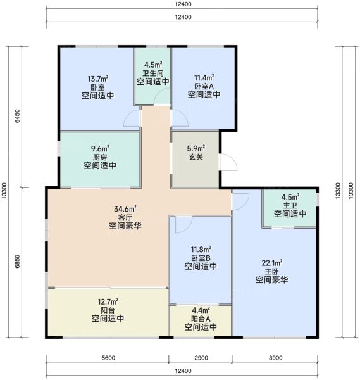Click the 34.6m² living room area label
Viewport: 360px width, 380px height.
(x=125, y=208)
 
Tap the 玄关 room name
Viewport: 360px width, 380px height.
(x=196, y=157)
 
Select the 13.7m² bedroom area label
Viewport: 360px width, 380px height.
(x=97, y=79)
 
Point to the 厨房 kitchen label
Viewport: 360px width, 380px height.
(x=100, y=157)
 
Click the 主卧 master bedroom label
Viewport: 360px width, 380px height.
(x=271, y=272)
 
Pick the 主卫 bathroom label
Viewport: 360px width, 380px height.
(x=290, y=205)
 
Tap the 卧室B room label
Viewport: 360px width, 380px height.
(x=201, y=258)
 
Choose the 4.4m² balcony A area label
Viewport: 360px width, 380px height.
(x=201, y=310)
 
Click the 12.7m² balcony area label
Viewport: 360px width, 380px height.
(x=108, y=301)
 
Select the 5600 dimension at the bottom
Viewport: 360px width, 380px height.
(x=108, y=358)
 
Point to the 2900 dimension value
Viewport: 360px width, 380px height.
(x=201, y=358)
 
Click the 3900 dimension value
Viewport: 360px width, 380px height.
(x=275, y=358)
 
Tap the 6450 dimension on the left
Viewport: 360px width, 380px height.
(x=18, y=116)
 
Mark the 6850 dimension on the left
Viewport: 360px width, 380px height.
(x=18, y=262)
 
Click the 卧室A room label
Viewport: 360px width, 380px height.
(x=204, y=86)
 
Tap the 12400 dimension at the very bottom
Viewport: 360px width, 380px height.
(x=183, y=371)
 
